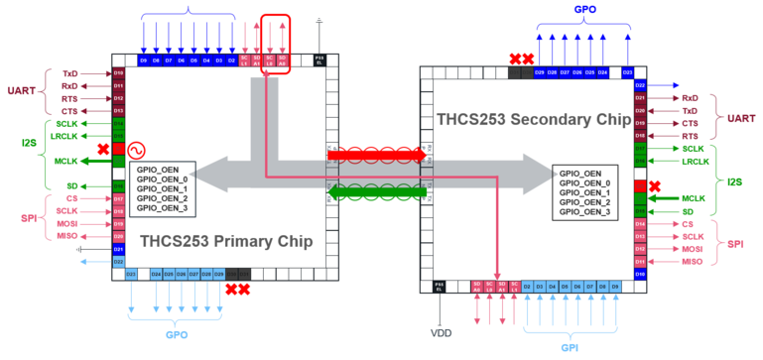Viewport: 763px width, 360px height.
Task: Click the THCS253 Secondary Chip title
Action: coord(534,120)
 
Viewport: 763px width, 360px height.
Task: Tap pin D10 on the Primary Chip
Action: coord(118,73)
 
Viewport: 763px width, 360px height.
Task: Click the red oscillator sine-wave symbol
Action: coord(132,150)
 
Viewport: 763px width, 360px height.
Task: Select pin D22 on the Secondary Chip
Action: coord(640,85)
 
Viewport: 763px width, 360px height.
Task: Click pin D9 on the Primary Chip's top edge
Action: coord(144,60)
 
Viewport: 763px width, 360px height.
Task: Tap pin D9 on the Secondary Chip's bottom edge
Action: coord(616,286)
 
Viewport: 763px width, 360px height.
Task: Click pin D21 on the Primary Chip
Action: coord(118,249)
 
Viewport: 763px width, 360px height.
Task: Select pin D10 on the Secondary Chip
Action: coord(640,273)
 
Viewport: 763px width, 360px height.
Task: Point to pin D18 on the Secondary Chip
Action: coord(640,135)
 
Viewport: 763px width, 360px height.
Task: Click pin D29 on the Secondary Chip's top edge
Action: coord(540,72)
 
